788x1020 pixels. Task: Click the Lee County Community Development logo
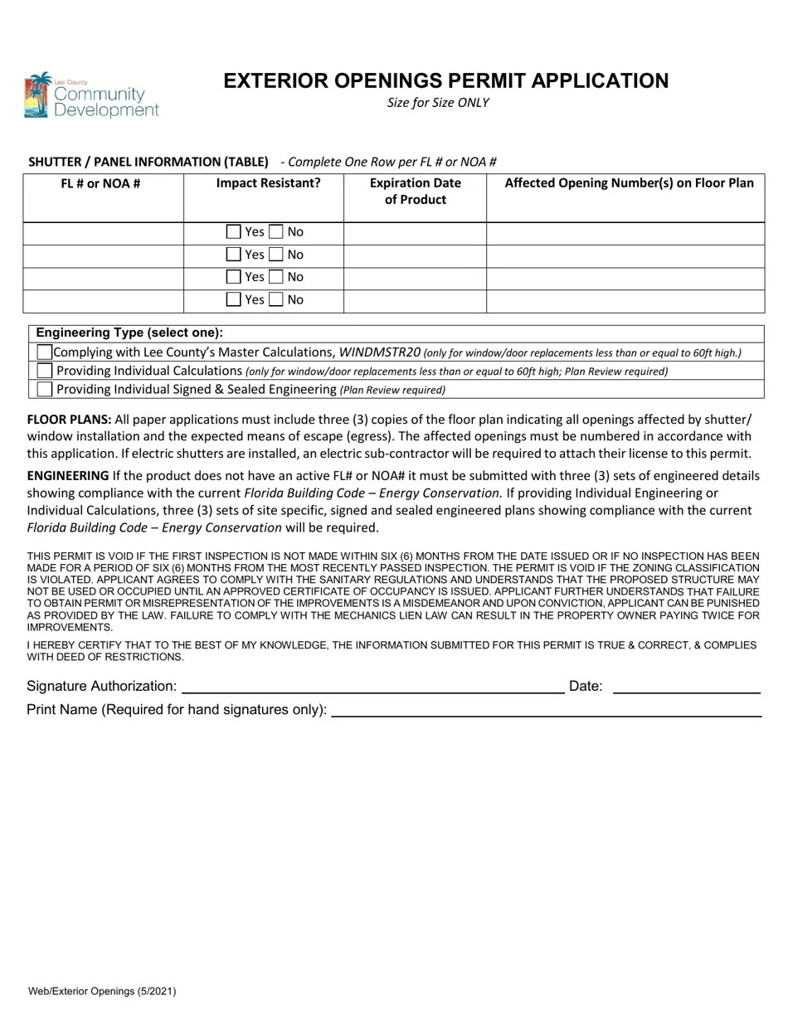90,95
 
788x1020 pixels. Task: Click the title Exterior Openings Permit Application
445,80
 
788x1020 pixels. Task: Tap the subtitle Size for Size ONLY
438,103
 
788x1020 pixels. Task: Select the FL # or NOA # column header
100,183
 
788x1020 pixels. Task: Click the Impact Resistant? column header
268,183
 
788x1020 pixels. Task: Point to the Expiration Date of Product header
415,191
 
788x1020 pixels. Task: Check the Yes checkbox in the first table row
234,232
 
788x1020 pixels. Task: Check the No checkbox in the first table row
276,232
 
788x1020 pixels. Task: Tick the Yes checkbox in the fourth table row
234,299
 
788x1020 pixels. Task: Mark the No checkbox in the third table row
276,277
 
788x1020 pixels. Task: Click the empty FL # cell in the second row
103,255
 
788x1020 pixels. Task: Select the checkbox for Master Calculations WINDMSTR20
45,352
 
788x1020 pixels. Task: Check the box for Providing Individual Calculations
45,371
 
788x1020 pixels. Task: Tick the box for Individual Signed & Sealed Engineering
45,389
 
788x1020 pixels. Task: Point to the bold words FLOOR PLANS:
69,420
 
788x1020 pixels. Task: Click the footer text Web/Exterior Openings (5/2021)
101,991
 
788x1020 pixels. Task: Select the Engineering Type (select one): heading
129,333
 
